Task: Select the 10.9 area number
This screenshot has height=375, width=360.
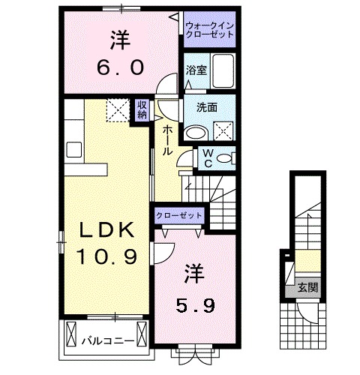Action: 106,256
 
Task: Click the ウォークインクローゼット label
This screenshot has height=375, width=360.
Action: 211,30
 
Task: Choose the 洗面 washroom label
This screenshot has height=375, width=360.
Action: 208,107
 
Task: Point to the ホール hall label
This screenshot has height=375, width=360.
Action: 166,139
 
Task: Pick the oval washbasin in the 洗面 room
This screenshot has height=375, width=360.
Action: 196,133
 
